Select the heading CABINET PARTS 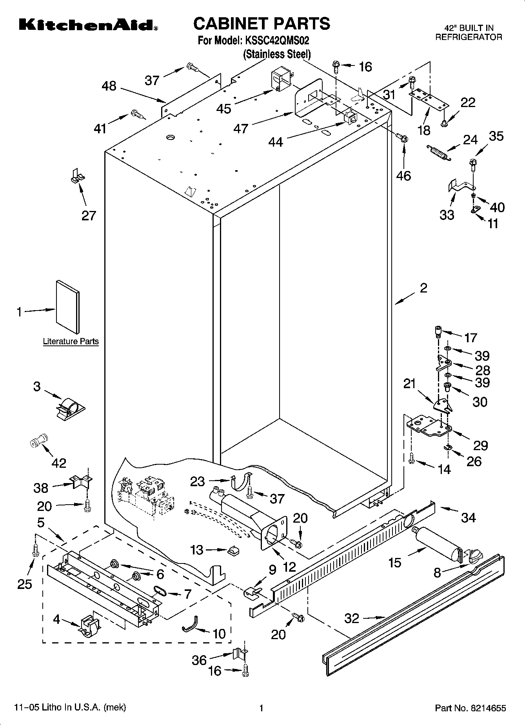point(262,24)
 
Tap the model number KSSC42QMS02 point(280,41)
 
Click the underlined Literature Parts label point(71,342)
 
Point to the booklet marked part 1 point(68,306)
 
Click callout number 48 point(109,86)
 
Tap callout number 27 point(89,215)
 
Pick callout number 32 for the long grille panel point(352,618)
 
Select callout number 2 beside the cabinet point(423,288)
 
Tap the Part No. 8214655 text point(470,708)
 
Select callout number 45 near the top point(224,109)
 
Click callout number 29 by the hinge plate point(480,445)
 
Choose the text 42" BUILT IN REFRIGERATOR point(469,33)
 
